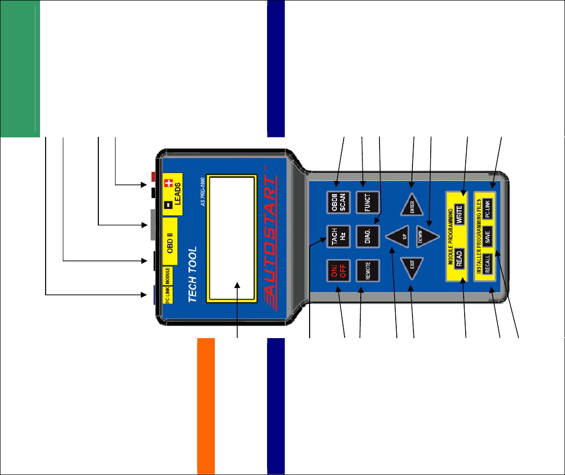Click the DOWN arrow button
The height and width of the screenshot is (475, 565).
[x=425, y=237]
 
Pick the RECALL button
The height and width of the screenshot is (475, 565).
[x=486, y=264]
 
